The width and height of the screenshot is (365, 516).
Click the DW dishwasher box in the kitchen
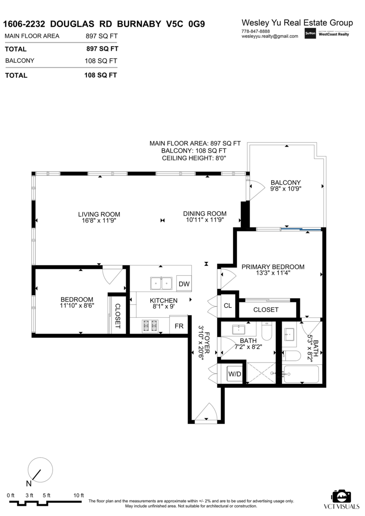point(184,283)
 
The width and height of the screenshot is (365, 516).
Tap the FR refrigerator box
point(179,326)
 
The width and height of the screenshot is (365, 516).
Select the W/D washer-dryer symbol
point(235,374)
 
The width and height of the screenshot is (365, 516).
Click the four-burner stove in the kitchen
point(151,326)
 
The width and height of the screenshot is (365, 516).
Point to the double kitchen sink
point(161,283)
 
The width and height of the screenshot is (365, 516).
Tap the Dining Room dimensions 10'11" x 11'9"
point(205,220)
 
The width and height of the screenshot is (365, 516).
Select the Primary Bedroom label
point(273,267)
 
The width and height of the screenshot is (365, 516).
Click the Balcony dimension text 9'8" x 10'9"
point(286,189)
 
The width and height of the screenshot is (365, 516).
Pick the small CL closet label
point(228,305)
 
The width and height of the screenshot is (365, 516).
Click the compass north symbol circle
point(40,470)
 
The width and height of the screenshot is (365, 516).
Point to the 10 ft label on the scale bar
point(79,495)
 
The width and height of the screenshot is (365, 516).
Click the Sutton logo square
point(310,33)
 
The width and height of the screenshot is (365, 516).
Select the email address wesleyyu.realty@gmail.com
point(270,36)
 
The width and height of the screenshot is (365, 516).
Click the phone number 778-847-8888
point(256,31)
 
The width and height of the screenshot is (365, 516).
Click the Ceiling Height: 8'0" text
point(194,158)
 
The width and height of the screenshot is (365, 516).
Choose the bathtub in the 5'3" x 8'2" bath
point(302,374)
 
